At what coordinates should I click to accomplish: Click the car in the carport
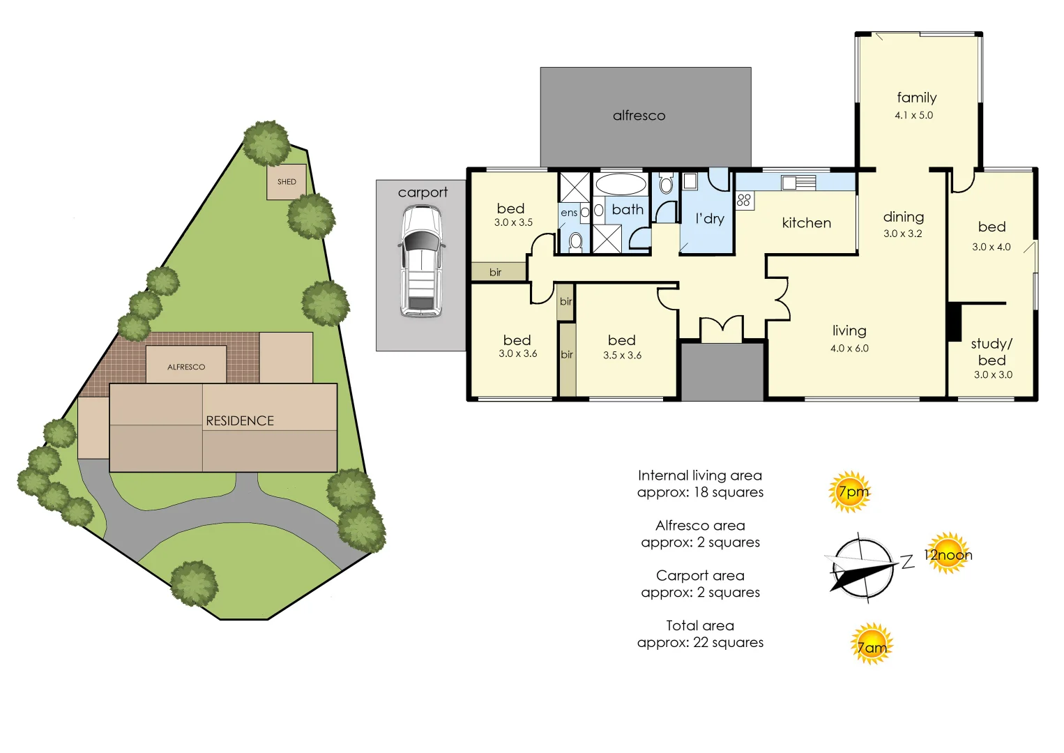(x=422, y=261)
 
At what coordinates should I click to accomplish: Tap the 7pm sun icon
(x=850, y=492)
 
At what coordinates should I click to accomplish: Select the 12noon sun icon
(x=948, y=553)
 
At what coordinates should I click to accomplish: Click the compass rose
(x=862, y=568)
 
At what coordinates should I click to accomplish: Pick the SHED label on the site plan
(x=287, y=181)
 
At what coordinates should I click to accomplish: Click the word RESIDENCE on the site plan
(x=239, y=421)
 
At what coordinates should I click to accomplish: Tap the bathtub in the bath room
(x=621, y=184)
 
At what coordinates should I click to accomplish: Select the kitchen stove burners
(x=744, y=200)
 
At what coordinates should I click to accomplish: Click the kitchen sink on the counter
(x=798, y=183)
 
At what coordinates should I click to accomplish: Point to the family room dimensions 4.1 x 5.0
(x=913, y=115)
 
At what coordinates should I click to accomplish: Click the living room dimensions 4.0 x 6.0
(x=849, y=348)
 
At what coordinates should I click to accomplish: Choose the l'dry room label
(x=710, y=218)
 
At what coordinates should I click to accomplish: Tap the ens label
(x=568, y=213)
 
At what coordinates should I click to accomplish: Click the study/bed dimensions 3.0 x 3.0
(x=993, y=374)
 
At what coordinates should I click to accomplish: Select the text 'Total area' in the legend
(x=699, y=625)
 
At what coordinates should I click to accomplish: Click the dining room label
(x=904, y=217)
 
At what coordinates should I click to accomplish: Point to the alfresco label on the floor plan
(x=639, y=116)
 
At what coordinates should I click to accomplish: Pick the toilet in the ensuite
(x=575, y=241)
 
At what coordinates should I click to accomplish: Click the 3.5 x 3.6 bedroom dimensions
(x=622, y=356)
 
